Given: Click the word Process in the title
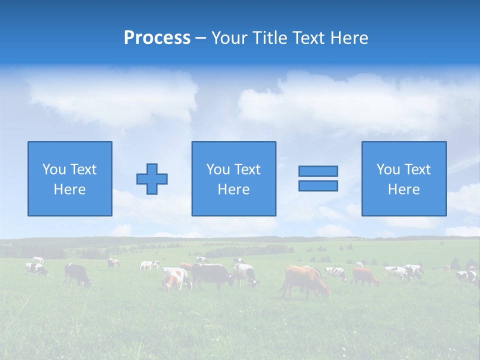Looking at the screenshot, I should click(x=157, y=38).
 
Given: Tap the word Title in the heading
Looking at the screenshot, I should click(x=269, y=38).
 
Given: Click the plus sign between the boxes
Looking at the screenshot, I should click(x=152, y=178).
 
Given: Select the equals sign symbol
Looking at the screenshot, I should click(x=318, y=178).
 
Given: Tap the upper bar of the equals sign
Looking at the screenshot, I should click(x=318, y=171).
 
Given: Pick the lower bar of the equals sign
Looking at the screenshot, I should click(x=318, y=185).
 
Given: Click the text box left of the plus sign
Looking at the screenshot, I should click(x=69, y=178).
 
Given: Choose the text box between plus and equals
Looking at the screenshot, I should click(x=233, y=178).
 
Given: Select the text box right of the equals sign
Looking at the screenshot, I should click(x=403, y=178).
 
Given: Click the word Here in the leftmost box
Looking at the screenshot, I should click(x=69, y=189).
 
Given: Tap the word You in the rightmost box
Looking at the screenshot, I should click(x=388, y=169).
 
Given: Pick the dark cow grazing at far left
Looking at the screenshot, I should click(x=77, y=274).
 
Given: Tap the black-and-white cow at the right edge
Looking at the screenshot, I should click(x=466, y=276).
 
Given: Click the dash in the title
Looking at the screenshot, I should click(x=201, y=38).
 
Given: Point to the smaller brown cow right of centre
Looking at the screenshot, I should click(x=365, y=276).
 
